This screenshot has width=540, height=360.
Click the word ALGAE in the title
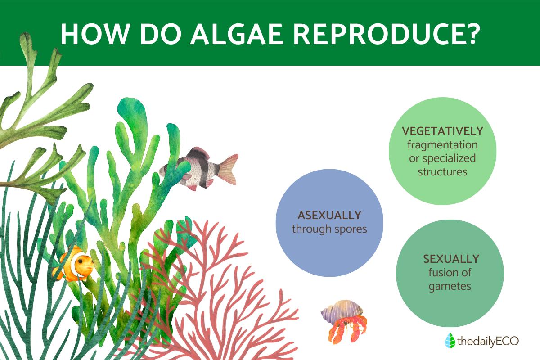[237, 34]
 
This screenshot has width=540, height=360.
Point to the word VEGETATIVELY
[443, 131]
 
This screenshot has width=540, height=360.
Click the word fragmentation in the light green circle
[443, 145]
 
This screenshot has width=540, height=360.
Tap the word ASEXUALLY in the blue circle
[329, 215]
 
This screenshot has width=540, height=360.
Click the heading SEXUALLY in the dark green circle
[451, 259]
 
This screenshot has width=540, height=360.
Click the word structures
[443, 172]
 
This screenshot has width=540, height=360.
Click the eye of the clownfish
[80, 261]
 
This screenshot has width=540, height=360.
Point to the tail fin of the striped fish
[228, 170]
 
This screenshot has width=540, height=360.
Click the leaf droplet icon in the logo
[450, 340]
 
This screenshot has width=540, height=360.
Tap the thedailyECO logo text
[488, 341]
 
